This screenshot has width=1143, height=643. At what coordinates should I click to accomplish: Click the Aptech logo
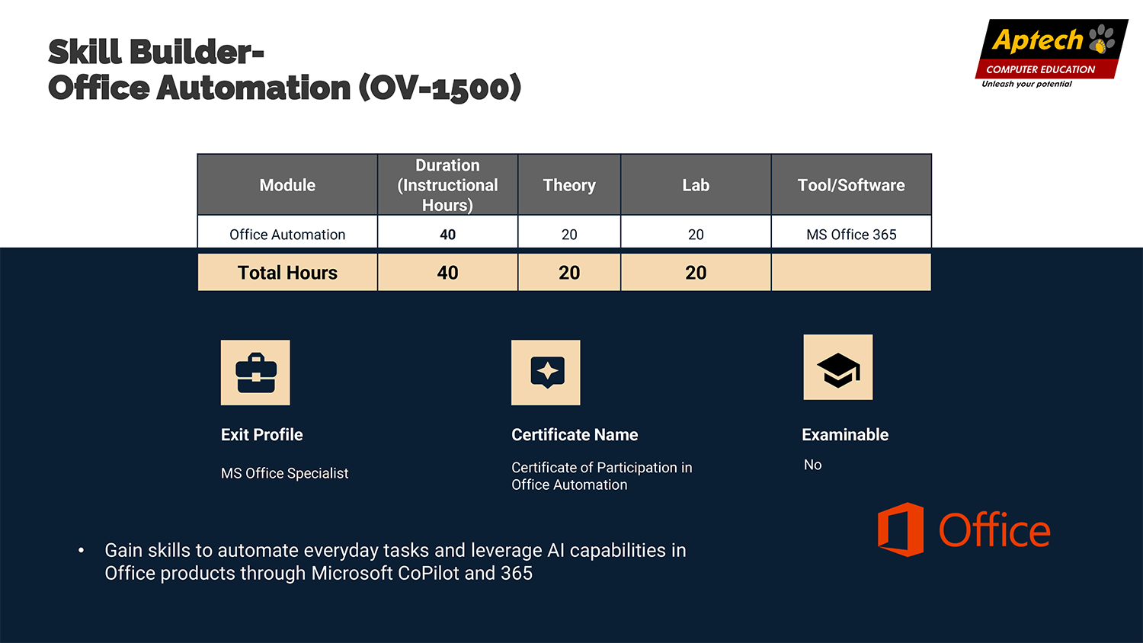coord(1051,53)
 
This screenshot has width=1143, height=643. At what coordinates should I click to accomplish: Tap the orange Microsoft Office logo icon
coord(900,529)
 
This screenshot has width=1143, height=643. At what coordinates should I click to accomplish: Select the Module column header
coord(287,184)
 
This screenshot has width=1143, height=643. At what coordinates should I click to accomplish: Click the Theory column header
coord(569,184)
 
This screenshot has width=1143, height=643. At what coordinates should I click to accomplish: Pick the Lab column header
coord(696,184)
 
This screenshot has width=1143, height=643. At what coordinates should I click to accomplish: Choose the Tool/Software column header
coord(851,184)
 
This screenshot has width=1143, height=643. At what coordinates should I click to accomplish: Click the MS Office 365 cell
coord(851,234)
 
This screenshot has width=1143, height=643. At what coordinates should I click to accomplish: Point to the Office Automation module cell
coord(287,234)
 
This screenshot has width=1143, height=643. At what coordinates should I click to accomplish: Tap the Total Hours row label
coord(287,273)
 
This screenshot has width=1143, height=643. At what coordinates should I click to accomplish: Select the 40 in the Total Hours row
coord(447,273)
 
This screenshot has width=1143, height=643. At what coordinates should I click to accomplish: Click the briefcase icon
coord(255,373)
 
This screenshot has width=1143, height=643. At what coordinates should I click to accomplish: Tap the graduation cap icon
coord(838,367)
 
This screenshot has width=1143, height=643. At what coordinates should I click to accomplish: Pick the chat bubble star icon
coord(546,373)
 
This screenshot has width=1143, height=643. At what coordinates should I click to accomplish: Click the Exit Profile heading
coord(262,435)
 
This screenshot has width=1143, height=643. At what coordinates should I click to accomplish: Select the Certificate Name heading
coord(575,435)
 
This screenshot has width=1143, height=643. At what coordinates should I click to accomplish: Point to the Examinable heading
coord(845,435)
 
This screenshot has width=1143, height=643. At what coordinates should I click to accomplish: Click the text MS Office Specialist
coord(285,474)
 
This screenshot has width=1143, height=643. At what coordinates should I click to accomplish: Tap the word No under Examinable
coord(813,465)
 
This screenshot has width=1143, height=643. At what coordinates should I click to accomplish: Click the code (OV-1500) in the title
coord(440,88)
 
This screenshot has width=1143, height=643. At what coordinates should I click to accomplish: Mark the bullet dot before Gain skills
coord(81,551)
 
